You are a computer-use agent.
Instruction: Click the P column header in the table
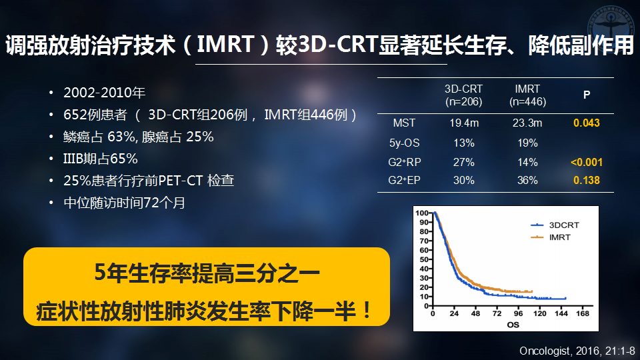(x=587, y=95)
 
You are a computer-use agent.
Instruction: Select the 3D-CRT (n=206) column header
(x=464, y=95)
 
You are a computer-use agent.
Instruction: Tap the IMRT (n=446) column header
(x=527, y=95)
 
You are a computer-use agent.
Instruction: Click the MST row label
(x=404, y=123)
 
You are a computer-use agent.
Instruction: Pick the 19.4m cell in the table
(x=464, y=123)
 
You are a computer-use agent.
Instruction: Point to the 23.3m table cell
(x=527, y=123)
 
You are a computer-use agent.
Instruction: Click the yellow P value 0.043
(x=587, y=123)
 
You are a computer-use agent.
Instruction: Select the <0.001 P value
(x=587, y=162)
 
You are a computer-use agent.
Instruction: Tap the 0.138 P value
(x=587, y=180)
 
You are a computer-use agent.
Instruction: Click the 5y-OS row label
(x=404, y=143)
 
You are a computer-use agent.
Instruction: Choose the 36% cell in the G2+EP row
(x=527, y=180)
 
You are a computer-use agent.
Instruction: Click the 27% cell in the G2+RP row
(x=464, y=162)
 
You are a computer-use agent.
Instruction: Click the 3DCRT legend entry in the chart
(x=555, y=225)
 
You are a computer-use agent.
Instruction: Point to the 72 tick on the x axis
(x=497, y=313)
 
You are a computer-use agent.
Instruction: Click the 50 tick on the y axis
(x=424, y=259)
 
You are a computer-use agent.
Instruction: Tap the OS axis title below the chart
(x=513, y=325)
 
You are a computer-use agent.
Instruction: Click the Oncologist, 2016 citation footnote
(x=577, y=351)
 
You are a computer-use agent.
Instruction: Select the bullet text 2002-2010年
(x=105, y=93)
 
